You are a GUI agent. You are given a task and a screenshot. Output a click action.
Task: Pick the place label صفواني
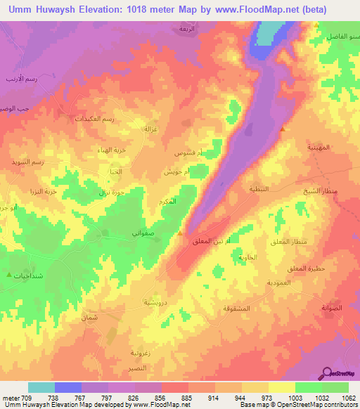pyautogui.click(x=144, y=235)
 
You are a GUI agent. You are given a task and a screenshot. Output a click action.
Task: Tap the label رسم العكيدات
pyautogui.click(x=95, y=119)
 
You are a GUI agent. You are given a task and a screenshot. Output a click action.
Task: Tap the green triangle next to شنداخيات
pyautogui.click(x=8, y=275)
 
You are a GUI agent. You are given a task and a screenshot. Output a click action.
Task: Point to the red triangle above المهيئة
pyautogui.click(x=283, y=129)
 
